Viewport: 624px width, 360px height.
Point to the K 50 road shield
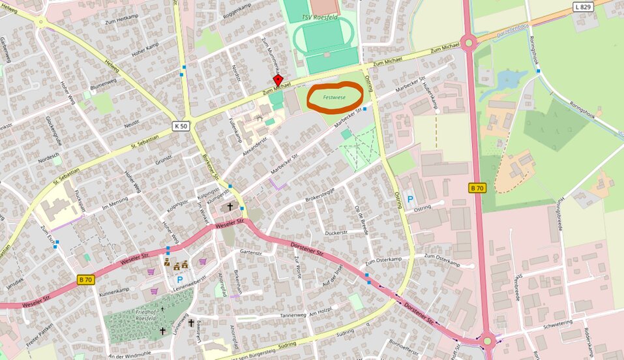181,125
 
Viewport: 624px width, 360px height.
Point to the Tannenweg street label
292,315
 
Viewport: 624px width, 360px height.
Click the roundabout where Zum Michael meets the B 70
468,44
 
